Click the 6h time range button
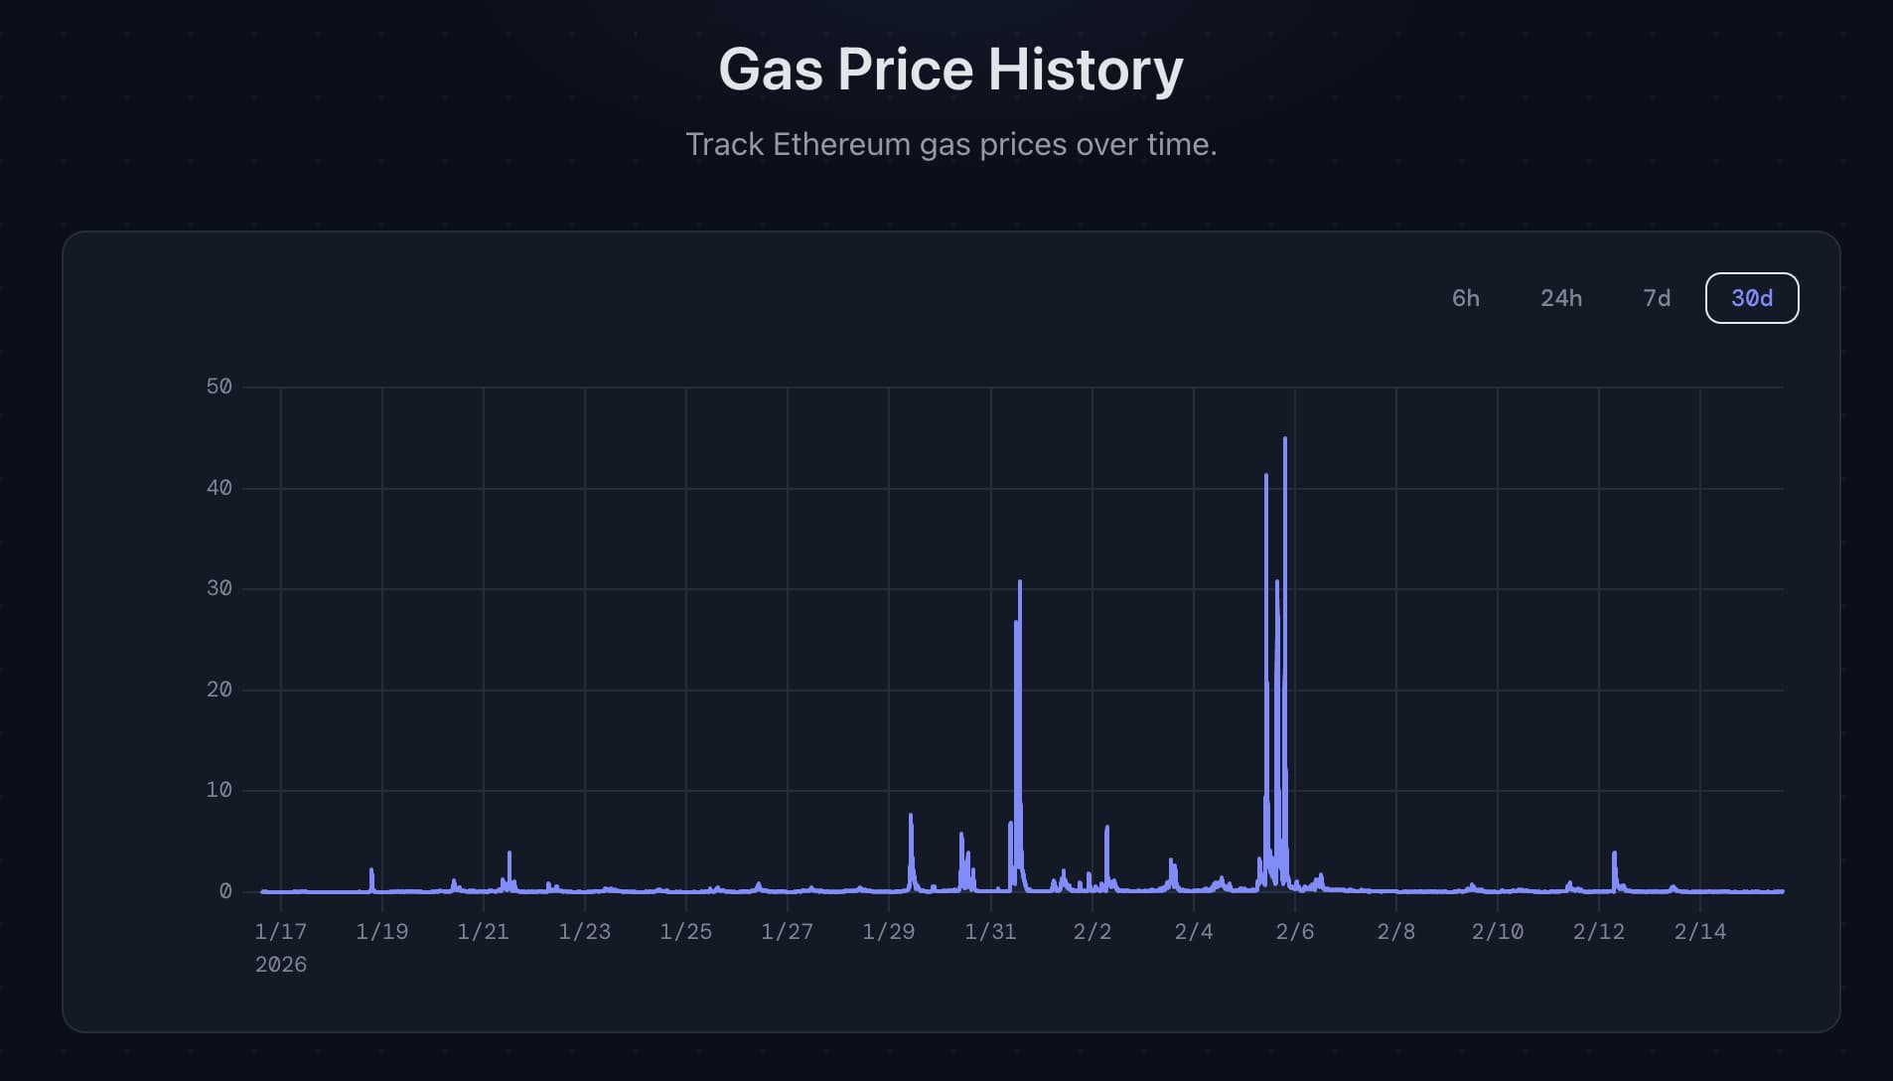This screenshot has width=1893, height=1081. [1465, 298]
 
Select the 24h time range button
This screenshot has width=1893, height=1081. [1560, 298]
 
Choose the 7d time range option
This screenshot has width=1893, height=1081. [1656, 298]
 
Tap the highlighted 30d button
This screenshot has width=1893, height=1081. [1751, 298]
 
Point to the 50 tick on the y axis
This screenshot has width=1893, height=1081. [218, 386]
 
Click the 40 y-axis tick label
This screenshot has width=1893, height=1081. [218, 488]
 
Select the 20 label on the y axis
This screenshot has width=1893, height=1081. [218, 690]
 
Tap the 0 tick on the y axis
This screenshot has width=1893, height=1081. [225, 891]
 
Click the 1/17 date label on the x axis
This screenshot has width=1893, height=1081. [280, 932]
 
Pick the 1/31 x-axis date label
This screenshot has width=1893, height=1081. [990, 932]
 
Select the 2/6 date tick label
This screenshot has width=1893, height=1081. [1294, 932]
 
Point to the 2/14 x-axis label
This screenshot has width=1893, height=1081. [1699, 932]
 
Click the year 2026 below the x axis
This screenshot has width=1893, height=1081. [280, 965]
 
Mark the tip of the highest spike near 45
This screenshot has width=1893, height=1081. [1285, 439]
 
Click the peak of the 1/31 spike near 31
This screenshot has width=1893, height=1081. [1020, 582]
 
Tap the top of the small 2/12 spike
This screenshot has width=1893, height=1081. [1614, 853]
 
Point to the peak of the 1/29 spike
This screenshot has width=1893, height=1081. [911, 816]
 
